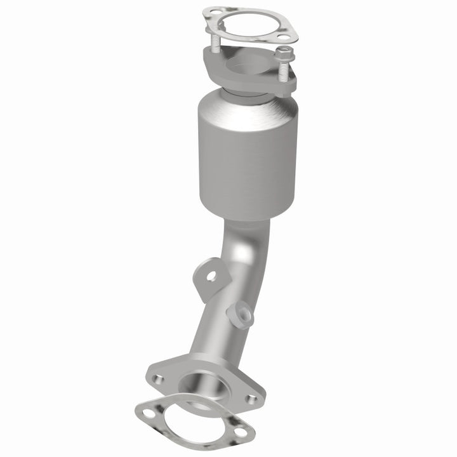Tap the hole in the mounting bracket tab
(210, 275)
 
